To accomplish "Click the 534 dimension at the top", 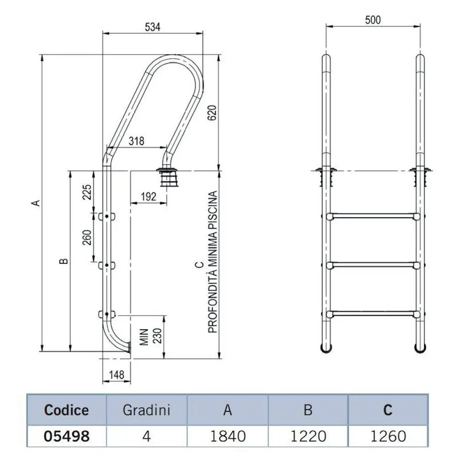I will click(153, 27).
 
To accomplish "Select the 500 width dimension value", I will click(373, 20).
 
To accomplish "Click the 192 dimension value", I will click(148, 197).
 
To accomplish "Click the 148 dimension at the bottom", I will click(117, 375).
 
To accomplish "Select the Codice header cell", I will click(66, 409).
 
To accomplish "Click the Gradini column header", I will click(146, 409).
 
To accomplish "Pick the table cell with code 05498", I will click(66, 436).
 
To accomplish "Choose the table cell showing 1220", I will click(308, 436).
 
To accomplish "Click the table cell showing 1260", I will click(388, 436).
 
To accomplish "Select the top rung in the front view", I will click(373, 216).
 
